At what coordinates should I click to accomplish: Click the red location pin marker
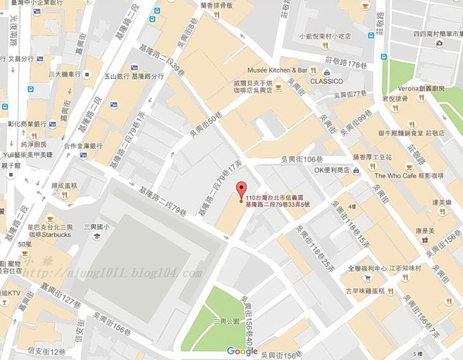point(240,190)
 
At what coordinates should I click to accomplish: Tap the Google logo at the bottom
point(243,352)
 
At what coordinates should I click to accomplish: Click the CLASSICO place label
point(325,80)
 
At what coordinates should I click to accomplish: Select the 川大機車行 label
point(65,73)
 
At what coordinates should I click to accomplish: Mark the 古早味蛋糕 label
point(366,291)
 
